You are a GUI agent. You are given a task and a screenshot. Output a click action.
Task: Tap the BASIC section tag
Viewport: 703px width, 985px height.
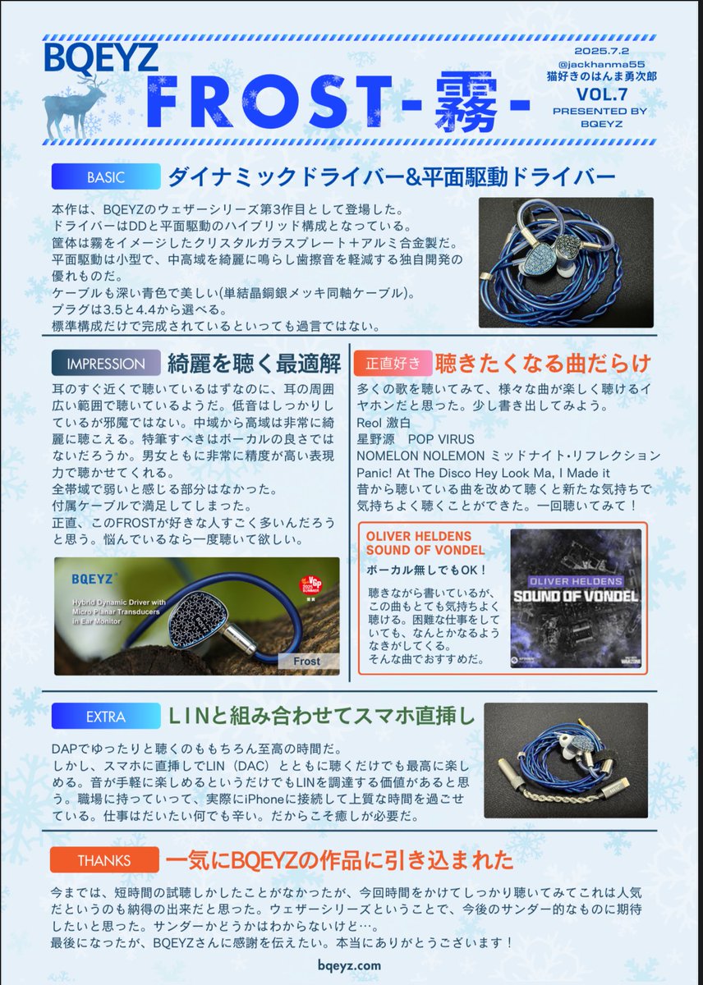click(x=105, y=176)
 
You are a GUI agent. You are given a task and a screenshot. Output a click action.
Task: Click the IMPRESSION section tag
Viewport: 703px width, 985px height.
click(x=105, y=364)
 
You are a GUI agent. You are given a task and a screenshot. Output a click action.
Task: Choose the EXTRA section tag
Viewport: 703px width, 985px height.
click(x=105, y=717)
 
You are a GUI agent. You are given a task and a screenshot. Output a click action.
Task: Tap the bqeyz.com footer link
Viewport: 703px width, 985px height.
click(x=351, y=967)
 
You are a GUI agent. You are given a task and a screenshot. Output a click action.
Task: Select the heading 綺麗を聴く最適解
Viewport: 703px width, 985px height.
click(x=244, y=364)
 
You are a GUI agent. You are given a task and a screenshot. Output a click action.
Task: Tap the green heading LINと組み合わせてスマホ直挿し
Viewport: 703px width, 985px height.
click(x=322, y=717)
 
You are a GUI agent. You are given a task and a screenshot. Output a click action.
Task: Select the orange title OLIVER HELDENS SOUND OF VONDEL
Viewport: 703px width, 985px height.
click(x=425, y=543)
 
